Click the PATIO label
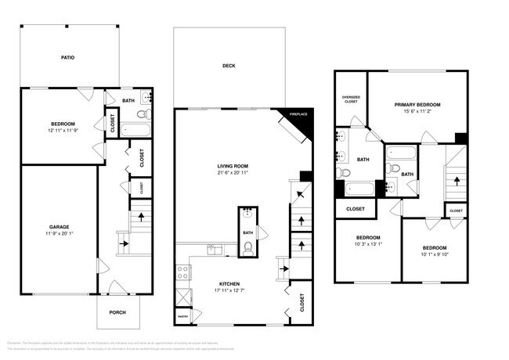pos(67,57)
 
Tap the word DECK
pos(229,66)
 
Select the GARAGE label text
pos(60,227)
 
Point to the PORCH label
pos(117,313)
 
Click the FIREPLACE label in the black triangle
pos(299,115)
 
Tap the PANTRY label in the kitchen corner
pos(182,316)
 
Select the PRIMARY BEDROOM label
pos(417,104)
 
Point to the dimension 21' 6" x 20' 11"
pos(233,173)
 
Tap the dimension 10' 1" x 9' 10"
pos(435,254)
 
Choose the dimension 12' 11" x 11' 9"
pos(63,131)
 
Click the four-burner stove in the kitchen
pos(182,273)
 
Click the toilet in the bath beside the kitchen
pos(247,249)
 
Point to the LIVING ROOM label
pos(233,166)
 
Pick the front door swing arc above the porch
pos(115,287)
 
